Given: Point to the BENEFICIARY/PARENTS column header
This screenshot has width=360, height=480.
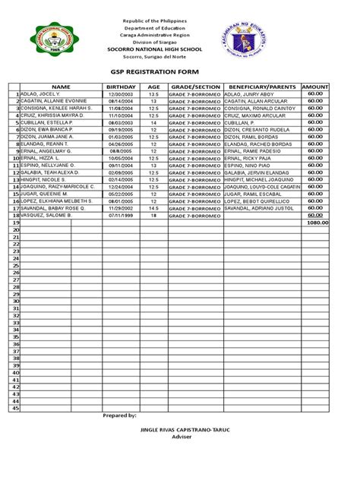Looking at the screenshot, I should click(261, 87).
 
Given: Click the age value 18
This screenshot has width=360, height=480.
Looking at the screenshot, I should click(153, 216).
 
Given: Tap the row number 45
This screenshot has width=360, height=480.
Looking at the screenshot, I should click(14, 409).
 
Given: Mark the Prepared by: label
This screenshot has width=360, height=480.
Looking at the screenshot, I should click(119, 417).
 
